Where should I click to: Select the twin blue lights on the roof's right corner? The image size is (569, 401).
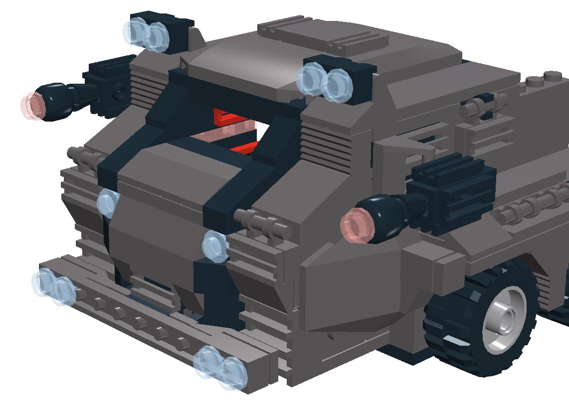click(x=325, y=82)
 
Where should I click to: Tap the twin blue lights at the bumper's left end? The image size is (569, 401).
click(x=54, y=286)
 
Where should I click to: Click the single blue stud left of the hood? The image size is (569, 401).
click(x=108, y=203)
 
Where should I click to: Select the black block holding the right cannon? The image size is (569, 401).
click(x=451, y=192)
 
